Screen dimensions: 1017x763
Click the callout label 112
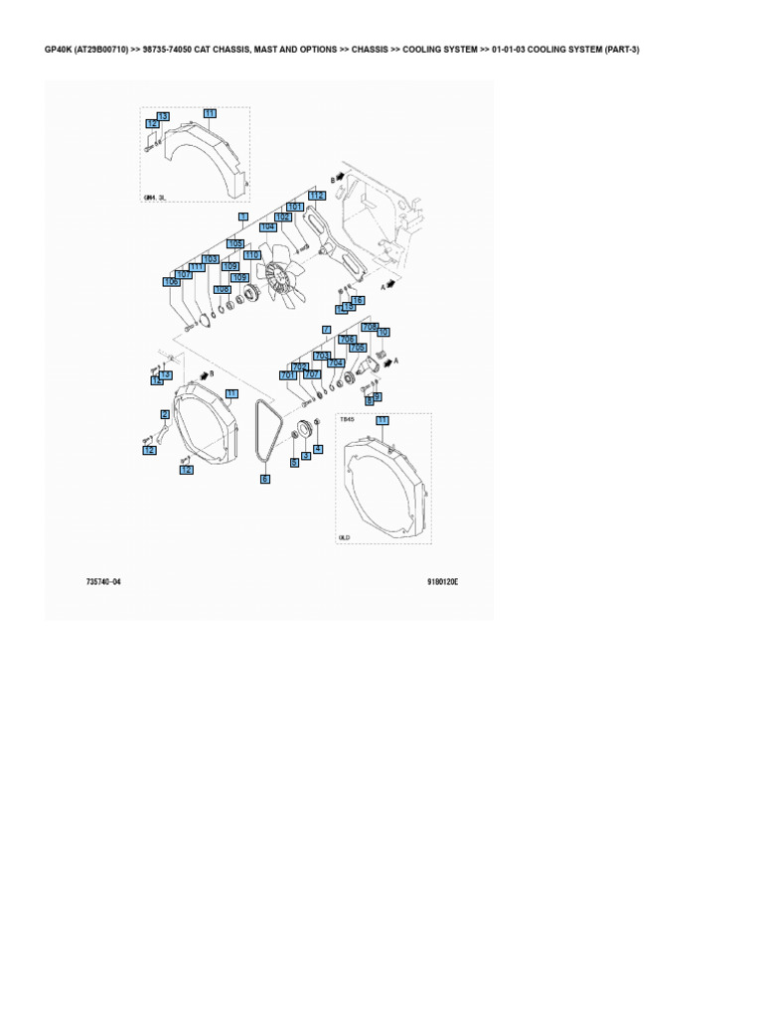click(316, 197)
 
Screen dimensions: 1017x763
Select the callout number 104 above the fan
click(267, 227)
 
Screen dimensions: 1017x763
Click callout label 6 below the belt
click(265, 479)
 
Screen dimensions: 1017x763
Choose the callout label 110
click(251, 255)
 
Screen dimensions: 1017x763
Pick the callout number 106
click(171, 282)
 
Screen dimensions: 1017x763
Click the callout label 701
click(288, 375)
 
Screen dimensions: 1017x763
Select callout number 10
click(383, 333)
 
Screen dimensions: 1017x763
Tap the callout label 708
click(370, 326)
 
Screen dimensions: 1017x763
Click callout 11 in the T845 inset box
click(381, 421)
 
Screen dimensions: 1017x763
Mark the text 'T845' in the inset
click(347, 420)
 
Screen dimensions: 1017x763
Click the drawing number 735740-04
click(102, 582)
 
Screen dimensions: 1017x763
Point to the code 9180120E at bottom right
click(442, 582)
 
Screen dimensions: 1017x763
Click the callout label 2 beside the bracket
click(165, 414)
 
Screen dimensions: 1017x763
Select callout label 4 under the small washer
click(318, 449)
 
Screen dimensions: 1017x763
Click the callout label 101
click(295, 207)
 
